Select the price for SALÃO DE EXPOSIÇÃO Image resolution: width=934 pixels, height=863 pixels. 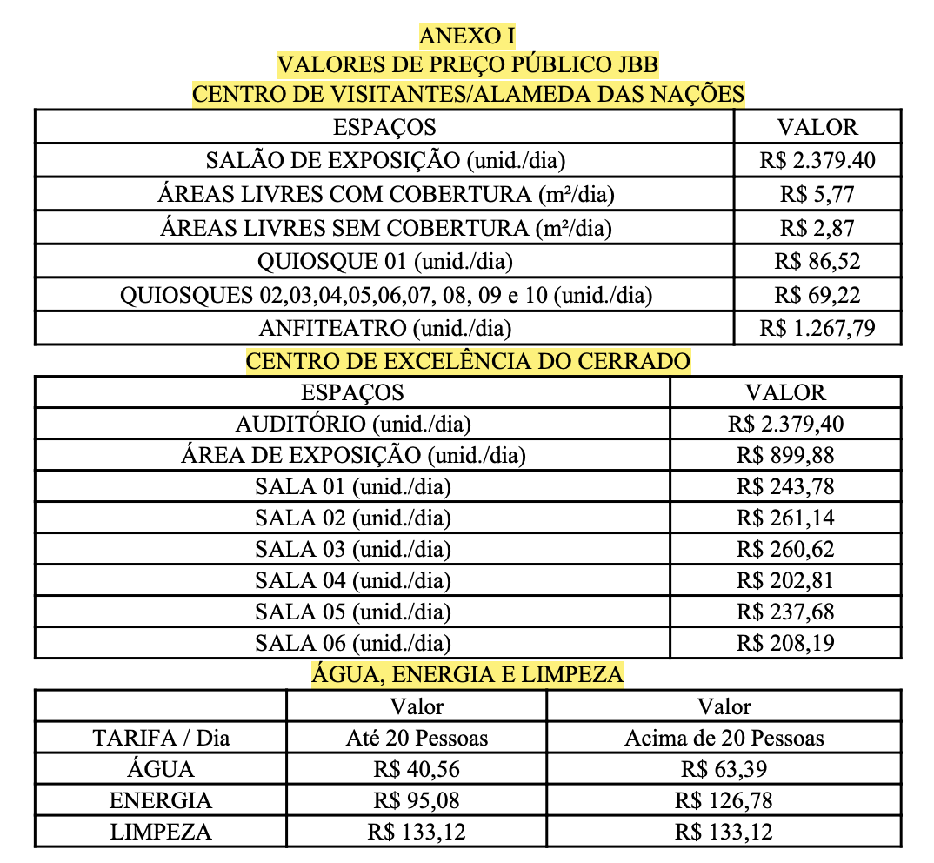(x=817, y=161)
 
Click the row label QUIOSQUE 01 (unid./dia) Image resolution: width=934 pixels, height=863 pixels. (x=384, y=262)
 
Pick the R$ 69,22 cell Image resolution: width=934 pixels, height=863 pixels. (x=817, y=296)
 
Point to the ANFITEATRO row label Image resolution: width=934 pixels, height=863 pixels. (x=384, y=329)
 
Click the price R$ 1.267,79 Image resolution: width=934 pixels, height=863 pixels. (x=817, y=329)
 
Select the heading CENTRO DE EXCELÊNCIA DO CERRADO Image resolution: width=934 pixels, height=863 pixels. (x=468, y=361)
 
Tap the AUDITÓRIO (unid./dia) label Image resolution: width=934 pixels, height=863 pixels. (x=352, y=425)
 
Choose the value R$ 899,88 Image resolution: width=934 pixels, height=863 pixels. (x=785, y=456)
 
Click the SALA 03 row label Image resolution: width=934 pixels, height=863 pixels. (x=352, y=550)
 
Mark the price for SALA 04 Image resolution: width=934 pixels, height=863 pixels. (x=785, y=581)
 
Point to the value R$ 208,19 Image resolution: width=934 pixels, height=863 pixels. (x=785, y=644)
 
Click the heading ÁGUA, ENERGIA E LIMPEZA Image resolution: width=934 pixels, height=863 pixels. (x=468, y=674)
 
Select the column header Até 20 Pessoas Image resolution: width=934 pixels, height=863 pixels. (x=417, y=739)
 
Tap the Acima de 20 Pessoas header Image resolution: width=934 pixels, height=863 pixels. (x=724, y=739)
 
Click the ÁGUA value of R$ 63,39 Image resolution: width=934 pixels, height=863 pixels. (x=724, y=770)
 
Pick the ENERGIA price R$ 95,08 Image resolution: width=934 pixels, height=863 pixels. (x=417, y=800)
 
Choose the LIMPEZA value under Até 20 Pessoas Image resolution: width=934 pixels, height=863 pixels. (x=417, y=832)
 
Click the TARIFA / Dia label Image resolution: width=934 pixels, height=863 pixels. (x=161, y=739)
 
